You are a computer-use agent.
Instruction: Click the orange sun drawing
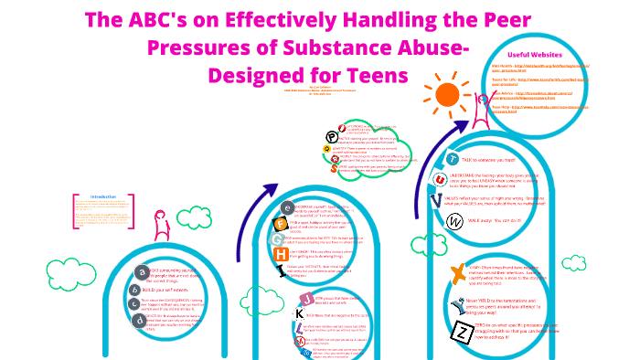pos(447,94)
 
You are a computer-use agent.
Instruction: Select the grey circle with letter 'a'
pos(141,271)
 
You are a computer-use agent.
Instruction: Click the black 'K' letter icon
pos(297,313)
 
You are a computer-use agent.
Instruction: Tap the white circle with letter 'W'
pos(453,221)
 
